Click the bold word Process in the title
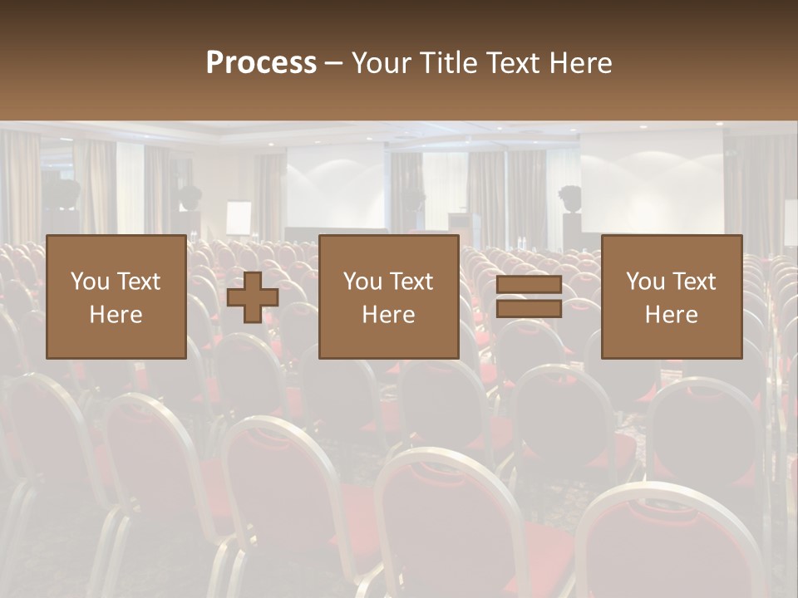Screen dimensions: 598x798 261,63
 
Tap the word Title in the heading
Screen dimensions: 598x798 449,63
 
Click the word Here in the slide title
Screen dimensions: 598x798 579,63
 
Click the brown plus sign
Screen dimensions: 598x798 253,297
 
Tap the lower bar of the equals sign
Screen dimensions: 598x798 529,309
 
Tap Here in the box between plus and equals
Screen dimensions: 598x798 388,315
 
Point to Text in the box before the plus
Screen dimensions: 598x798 138,282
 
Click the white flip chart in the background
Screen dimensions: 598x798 239,218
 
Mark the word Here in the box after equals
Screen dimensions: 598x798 672,315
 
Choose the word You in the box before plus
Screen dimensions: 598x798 89,282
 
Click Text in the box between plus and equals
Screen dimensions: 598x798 411,282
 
